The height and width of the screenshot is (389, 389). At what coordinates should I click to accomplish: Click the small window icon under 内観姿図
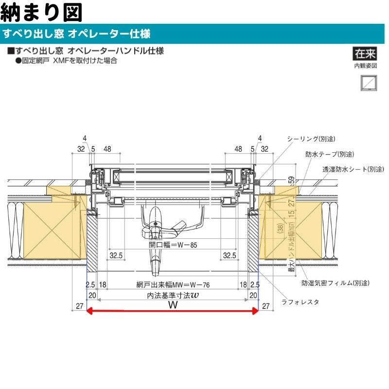coord(367,82)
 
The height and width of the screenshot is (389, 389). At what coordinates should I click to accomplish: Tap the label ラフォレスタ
coord(301,302)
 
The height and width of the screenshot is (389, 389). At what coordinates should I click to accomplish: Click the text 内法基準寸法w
coord(173,295)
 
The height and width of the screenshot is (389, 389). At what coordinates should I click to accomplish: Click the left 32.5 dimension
coord(115,255)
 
